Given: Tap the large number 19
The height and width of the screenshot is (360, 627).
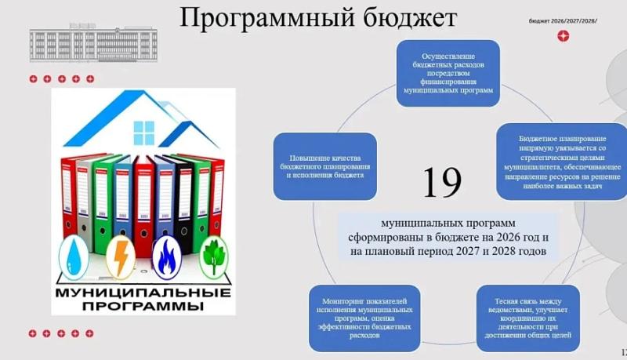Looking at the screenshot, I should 441,183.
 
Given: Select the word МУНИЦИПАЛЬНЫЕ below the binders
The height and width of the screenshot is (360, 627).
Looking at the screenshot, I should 143,293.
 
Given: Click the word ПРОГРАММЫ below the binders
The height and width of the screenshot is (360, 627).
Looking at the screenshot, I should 143,305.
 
